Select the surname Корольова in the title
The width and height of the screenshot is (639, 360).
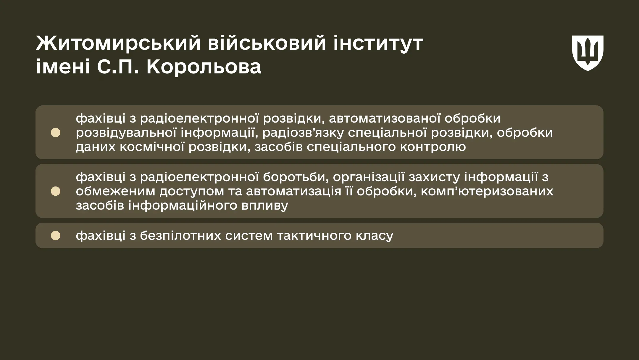pyautogui.click(x=204, y=67)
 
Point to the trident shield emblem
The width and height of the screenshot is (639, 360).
pyautogui.click(x=588, y=53)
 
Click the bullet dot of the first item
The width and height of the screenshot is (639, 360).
pyautogui.click(x=56, y=133)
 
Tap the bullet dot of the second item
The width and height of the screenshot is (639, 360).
pyautogui.click(x=56, y=191)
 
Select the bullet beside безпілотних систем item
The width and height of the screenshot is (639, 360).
pyautogui.click(x=56, y=236)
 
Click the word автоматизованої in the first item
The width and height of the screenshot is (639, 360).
pyautogui.click(x=385, y=118)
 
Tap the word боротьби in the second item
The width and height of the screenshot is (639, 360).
pyautogui.click(x=296, y=177)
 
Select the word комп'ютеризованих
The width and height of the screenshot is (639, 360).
pyautogui.click(x=487, y=191)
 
